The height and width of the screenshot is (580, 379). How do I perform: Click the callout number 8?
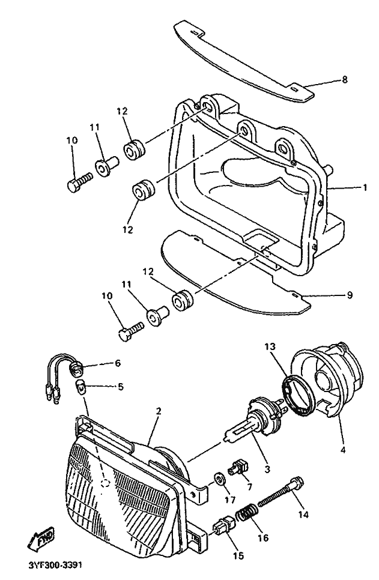pyautogui.click(x=345, y=79)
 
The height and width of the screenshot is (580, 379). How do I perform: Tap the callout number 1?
pyautogui.click(x=365, y=188)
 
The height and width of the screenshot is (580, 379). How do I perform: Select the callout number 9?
pyautogui.click(x=350, y=295)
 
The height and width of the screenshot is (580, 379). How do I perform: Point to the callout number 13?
pyautogui.click(x=270, y=347)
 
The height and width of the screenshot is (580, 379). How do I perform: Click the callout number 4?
pyautogui.click(x=343, y=450)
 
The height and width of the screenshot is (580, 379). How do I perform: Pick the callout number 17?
pyautogui.click(x=229, y=500)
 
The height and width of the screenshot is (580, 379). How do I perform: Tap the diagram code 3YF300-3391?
pyautogui.click(x=55, y=566)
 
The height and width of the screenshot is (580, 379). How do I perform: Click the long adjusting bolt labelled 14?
pyautogui.click(x=281, y=492)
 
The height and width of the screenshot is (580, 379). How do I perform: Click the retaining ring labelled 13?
pyautogui.click(x=297, y=396)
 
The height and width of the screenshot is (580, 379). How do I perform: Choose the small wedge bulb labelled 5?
pyautogui.click(x=81, y=387)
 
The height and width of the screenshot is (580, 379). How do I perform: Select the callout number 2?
pyautogui.click(x=159, y=411)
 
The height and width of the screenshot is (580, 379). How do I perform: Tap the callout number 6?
pyautogui.click(x=118, y=363)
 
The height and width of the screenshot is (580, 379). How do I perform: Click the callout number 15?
pyautogui.click(x=238, y=555)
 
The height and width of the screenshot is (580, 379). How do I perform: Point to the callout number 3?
pyautogui.click(x=267, y=470)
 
